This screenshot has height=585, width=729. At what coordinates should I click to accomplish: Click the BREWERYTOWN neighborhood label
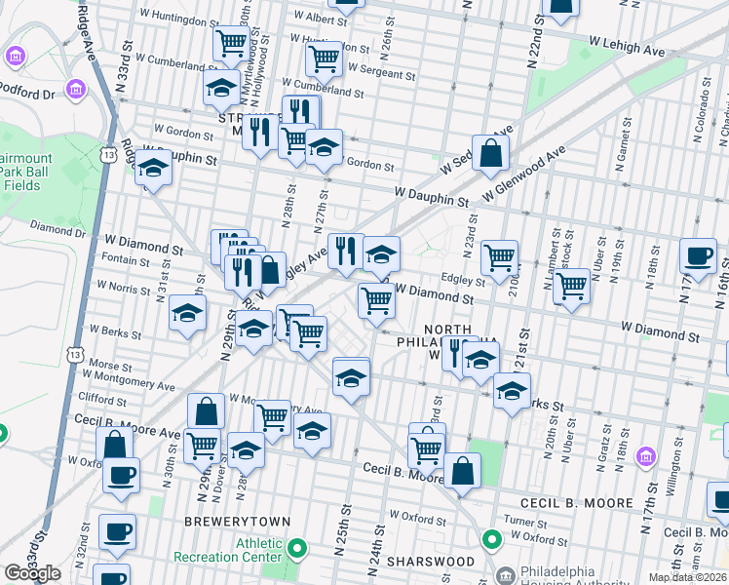point(238,522)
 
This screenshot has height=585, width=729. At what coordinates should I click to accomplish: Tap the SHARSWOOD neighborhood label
point(430,562)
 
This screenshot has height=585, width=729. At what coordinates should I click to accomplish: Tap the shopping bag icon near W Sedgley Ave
point(491,152)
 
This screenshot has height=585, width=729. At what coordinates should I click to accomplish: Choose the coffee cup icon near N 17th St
point(698,255)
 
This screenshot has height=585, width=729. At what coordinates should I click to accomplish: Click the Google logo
point(32,573)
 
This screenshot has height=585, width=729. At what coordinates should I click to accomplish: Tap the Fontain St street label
point(125,260)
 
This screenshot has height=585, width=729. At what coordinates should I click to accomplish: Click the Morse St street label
point(103,365)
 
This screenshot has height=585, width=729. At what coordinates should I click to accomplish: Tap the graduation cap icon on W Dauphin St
point(153,170)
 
